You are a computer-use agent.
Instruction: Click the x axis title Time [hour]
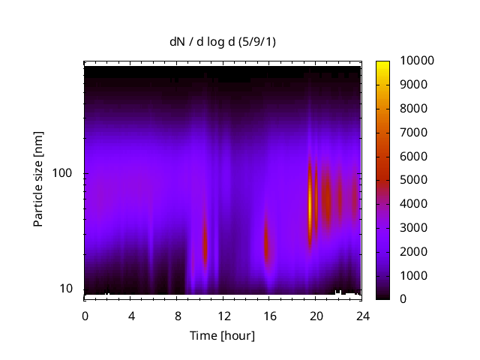pos(222,335)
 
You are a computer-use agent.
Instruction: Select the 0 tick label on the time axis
pos(85,315)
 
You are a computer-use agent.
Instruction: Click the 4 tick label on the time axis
pos(131,315)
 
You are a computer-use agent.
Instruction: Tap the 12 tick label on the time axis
pos(223,315)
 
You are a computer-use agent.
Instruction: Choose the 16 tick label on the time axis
pos(269,315)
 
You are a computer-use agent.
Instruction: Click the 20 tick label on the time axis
pos(316,315)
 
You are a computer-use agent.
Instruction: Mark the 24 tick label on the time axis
pos(362,315)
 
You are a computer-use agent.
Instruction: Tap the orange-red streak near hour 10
pos(204,244)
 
